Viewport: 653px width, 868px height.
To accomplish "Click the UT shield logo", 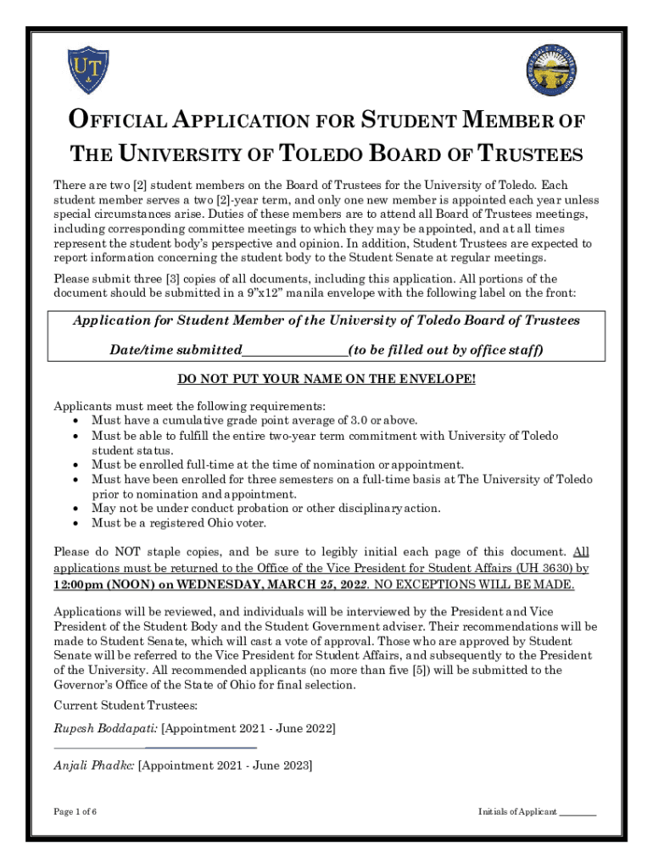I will (x=88, y=70).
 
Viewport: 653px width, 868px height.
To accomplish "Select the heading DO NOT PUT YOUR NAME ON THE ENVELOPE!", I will (x=326, y=379).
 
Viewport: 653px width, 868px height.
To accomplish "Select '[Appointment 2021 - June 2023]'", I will (x=225, y=765).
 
